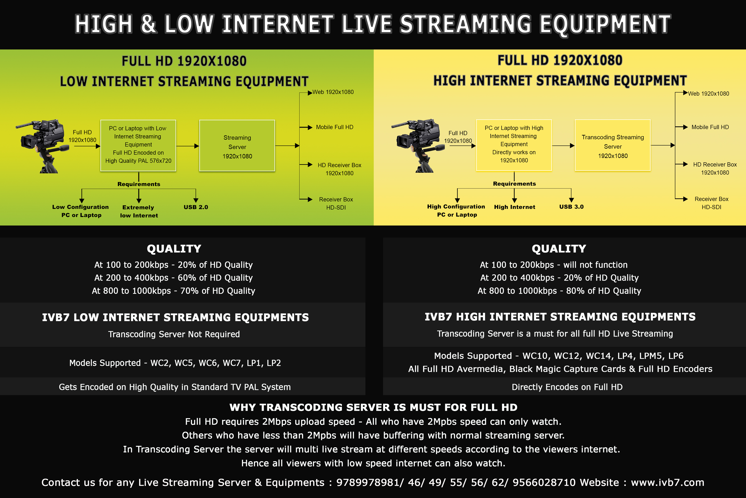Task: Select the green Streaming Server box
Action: tap(237, 146)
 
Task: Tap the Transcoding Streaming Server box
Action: tap(613, 145)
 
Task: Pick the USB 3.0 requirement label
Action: tap(571, 207)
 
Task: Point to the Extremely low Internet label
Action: tap(139, 211)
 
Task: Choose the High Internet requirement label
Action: tap(514, 207)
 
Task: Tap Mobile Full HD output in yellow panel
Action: tap(710, 127)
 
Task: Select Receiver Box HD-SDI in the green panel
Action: tap(336, 203)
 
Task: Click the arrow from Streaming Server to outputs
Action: tap(287, 146)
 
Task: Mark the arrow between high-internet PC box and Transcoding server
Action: tap(563, 146)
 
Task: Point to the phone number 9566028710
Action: tap(544, 482)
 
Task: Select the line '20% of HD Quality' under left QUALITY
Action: tap(173, 265)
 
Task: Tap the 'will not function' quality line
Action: tap(595, 265)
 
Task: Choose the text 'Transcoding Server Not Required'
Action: tap(174, 334)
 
